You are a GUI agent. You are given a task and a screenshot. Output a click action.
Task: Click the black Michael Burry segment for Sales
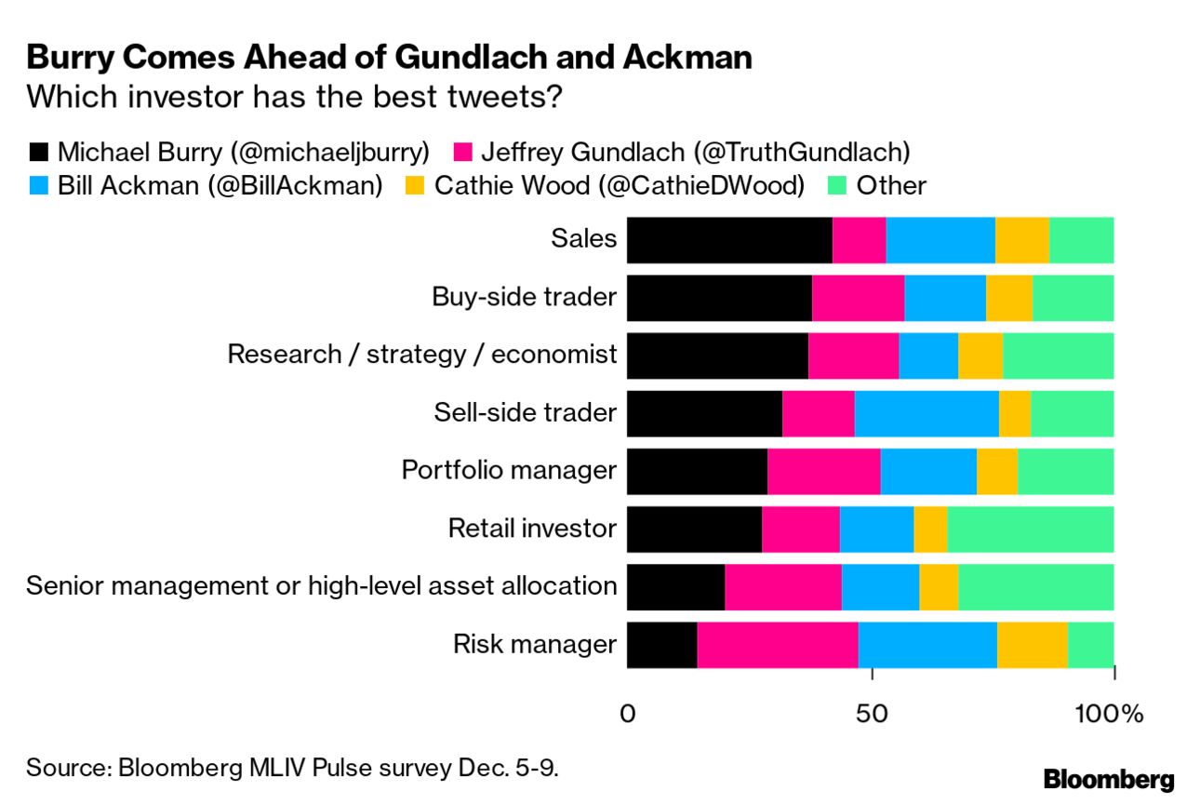point(729,239)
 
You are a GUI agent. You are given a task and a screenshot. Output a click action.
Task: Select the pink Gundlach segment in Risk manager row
point(777,644)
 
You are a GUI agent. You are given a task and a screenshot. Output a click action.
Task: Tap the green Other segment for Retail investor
point(1030,529)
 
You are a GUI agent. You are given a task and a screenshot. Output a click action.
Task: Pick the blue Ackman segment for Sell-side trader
point(927,413)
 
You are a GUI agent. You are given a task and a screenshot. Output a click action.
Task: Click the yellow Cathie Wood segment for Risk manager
point(1032,644)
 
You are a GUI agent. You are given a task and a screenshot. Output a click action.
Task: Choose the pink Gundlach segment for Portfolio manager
point(823,471)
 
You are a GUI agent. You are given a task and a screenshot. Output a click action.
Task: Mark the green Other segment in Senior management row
point(1035,586)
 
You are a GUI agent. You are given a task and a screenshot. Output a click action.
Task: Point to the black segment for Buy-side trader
point(719,297)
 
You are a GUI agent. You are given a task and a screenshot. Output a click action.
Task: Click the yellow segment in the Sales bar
point(1021,239)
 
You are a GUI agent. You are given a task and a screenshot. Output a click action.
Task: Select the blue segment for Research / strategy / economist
point(928,355)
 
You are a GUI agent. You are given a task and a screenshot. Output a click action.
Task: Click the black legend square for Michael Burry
point(38,152)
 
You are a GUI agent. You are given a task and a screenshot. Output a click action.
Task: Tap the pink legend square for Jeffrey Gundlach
point(462,152)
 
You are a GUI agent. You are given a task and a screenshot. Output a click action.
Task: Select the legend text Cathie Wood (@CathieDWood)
point(619,185)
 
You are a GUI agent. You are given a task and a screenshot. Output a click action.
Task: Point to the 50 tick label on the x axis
point(871,715)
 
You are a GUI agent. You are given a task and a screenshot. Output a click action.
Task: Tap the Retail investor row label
point(532,529)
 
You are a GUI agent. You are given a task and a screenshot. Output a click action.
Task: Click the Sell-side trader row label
point(525,413)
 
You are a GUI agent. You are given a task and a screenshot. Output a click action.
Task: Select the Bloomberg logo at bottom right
point(1109,778)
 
